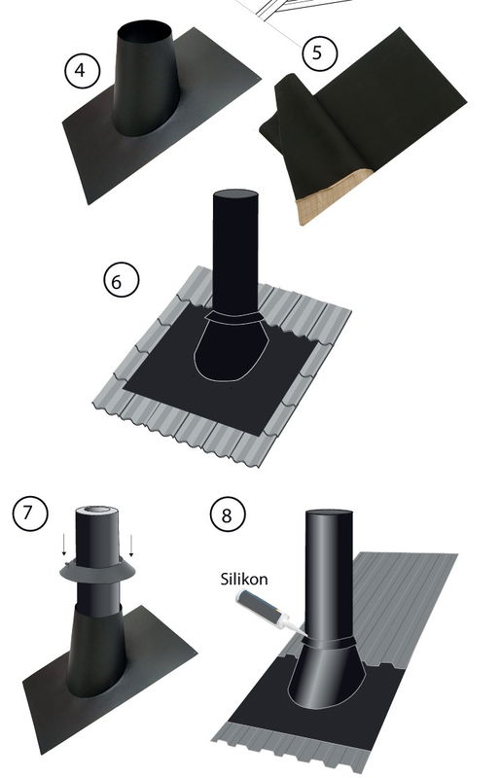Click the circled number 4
(x=82, y=70)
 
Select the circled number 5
(x=319, y=53)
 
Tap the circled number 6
(x=122, y=280)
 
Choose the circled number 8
(x=228, y=514)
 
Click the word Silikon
(x=244, y=579)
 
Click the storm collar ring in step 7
(x=97, y=572)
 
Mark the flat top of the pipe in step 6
(x=235, y=194)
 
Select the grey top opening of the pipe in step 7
(x=97, y=512)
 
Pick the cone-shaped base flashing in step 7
(x=96, y=650)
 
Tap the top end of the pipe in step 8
(x=329, y=513)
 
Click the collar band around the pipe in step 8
(x=329, y=643)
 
